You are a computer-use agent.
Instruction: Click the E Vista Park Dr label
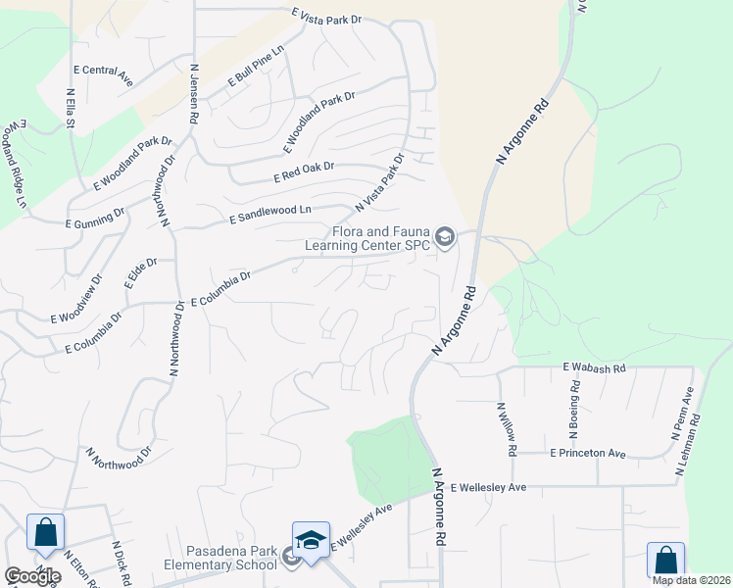pyautogui.click(x=326, y=16)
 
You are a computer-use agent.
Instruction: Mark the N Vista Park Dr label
pyautogui.click(x=379, y=183)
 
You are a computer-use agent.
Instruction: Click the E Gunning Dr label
pyautogui.click(x=94, y=217)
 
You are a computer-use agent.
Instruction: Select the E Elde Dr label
pyautogui.click(x=134, y=269)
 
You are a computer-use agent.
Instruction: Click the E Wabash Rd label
pyautogui.click(x=593, y=367)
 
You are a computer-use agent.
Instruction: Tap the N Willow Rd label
pyautogui.click(x=506, y=429)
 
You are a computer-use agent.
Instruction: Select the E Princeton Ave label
pyautogui.click(x=587, y=454)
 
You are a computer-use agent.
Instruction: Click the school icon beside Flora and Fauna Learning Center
pyautogui.click(x=445, y=237)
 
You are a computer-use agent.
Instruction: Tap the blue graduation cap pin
pyautogui.click(x=311, y=541)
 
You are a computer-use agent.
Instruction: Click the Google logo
pyautogui.click(x=32, y=576)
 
